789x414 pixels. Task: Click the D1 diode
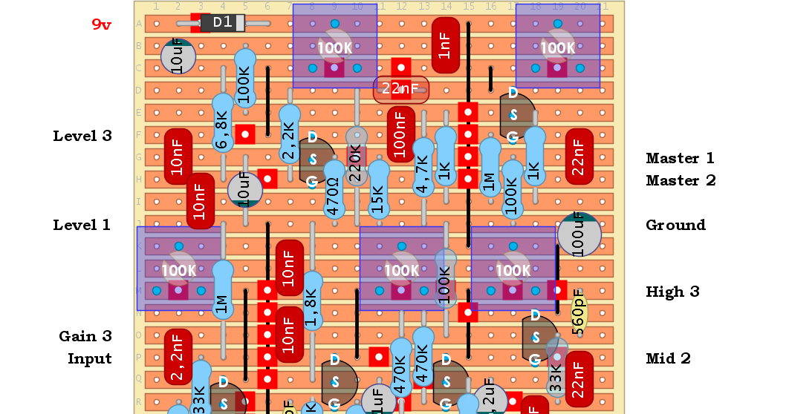point(222,23)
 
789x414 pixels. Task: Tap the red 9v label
point(102,24)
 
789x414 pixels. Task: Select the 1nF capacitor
point(445,45)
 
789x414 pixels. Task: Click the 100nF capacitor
point(400,134)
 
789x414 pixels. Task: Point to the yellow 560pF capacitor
point(579,314)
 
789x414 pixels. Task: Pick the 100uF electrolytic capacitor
point(579,234)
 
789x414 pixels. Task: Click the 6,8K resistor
point(222,123)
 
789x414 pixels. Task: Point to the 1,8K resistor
point(311,301)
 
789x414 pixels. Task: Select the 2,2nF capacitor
point(178,357)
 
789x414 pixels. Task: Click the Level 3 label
point(82,136)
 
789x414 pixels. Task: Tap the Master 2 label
point(681,180)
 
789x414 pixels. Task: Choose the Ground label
point(675,225)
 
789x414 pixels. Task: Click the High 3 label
point(672,292)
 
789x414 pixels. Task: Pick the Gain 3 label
point(85,336)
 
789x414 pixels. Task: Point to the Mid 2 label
point(668,358)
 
